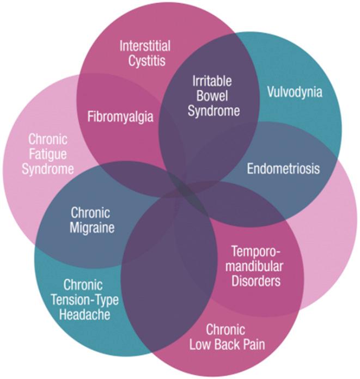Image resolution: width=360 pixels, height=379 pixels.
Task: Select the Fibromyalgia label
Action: click(x=121, y=117)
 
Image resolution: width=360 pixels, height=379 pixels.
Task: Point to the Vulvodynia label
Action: click(x=295, y=91)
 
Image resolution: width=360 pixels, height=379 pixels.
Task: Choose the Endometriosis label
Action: click(x=283, y=168)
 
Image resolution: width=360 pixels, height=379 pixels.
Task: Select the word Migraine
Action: click(x=92, y=227)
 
